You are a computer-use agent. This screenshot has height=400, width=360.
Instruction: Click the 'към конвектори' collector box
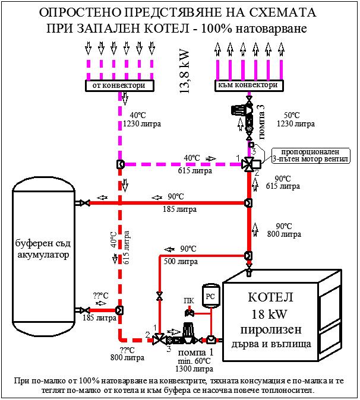click(248, 85)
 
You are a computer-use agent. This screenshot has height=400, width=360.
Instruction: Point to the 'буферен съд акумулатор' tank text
click(43, 249)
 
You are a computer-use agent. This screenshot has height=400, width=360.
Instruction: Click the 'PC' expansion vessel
click(210, 295)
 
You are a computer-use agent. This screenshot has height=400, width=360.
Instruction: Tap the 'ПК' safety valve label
click(189, 300)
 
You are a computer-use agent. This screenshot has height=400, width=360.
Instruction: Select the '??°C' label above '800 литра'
click(127, 350)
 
